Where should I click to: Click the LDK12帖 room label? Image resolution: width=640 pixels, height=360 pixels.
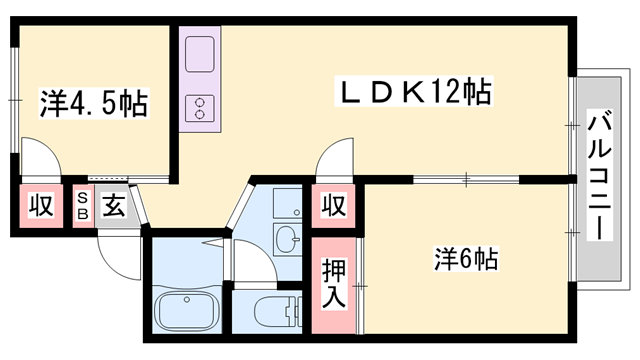[411, 94]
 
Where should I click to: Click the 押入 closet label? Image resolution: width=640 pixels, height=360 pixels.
[334, 284]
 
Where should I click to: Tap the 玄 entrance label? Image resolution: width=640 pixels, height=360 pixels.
[113, 207]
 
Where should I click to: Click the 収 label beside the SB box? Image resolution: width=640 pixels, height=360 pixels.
[39, 207]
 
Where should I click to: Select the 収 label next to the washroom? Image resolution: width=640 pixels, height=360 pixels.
[334, 207]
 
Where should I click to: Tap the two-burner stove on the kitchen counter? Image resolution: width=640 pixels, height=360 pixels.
[199, 106]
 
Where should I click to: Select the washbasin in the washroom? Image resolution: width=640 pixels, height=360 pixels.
[287, 239]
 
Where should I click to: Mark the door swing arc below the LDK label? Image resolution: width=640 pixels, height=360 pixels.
[330, 160]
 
